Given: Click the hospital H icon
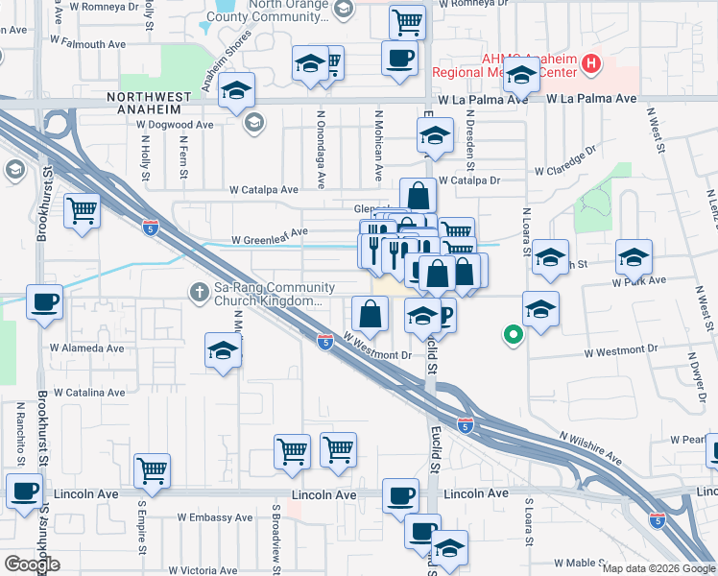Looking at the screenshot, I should pos(591,64).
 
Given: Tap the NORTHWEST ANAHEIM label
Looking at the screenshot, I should pos(144,97).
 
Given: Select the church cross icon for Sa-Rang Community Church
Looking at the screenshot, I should pos(200,290).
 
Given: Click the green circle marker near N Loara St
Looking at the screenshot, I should pos(514,335).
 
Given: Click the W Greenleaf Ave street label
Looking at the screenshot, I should pos(270,231).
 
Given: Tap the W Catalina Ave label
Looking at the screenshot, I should pos(89,393).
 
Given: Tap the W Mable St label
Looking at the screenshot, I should pos(580,564).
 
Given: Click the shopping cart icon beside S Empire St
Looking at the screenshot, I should pos(152,470).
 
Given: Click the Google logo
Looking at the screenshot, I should pos(32,564).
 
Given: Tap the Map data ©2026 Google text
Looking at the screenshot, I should pos(658,568).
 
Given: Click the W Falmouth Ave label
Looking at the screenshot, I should pos(88,44).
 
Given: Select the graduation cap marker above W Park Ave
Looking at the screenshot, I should pos(634,256).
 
